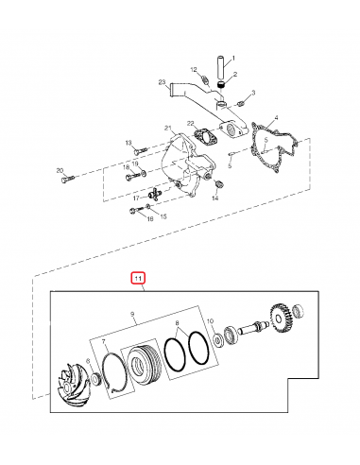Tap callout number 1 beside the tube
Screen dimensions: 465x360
click(x=235, y=60)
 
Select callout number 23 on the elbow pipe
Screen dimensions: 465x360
click(x=163, y=84)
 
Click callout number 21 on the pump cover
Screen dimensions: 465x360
click(x=167, y=129)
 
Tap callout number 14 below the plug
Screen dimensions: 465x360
click(x=215, y=199)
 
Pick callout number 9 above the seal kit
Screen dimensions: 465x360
click(x=132, y=314)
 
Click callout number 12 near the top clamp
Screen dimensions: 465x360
click(x=193, y=70)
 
